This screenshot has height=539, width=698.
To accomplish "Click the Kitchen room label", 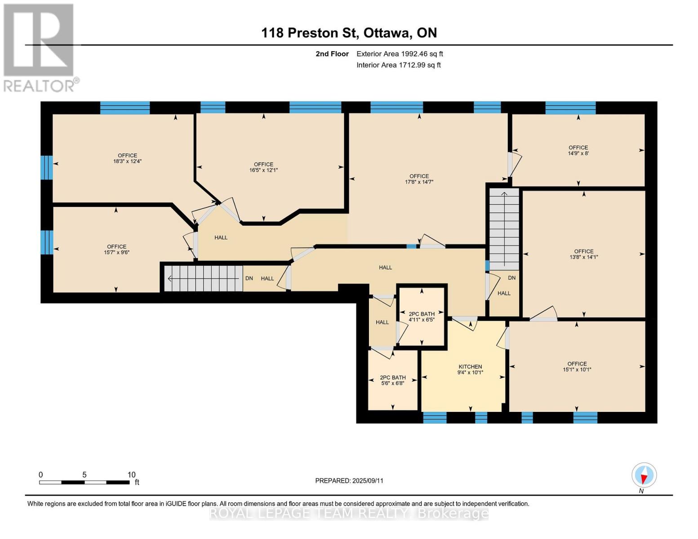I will [x=470, y=369].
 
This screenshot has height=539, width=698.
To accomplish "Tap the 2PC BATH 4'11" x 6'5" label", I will [x=422, y=317].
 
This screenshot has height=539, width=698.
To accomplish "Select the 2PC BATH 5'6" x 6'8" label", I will [x=393, y=380].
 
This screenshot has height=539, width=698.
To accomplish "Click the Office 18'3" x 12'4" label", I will [x=128, y=158].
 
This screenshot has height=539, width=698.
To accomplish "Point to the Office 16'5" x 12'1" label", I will [x=263, y=167].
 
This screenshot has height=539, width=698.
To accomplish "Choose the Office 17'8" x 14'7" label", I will [x=419, y=179].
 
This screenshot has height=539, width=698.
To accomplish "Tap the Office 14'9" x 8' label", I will [x=578, y=150].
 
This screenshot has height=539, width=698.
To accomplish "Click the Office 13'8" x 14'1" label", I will [x=583, y=254].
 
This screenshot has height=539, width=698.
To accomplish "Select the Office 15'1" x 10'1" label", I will [x=577, y=367].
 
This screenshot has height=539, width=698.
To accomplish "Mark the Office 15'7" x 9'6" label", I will [x=116, y=249].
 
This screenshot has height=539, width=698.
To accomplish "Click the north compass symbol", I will [x=644, y=475].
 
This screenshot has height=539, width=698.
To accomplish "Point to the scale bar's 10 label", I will [x=131, y=475].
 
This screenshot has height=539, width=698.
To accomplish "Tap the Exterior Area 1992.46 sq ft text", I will [x=400, y=54].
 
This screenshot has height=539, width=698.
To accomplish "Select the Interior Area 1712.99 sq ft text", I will [x=398, y=65].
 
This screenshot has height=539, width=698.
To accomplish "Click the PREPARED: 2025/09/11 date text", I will [x=349, y=481].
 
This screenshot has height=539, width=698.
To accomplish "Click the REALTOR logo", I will [x=40, y=47].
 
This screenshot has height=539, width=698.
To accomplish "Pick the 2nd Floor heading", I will [x=332, y=54].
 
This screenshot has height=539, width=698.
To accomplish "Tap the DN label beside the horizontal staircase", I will [x=249, y=278].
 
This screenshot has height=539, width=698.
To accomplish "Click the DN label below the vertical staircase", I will [x=511, y=278].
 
